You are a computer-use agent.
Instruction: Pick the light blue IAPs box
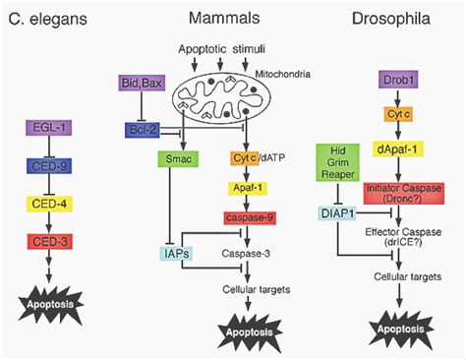pyautogui.click(x=177, y=254)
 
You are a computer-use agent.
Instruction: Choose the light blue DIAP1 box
pyautogui.click(x=335, y=212)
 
